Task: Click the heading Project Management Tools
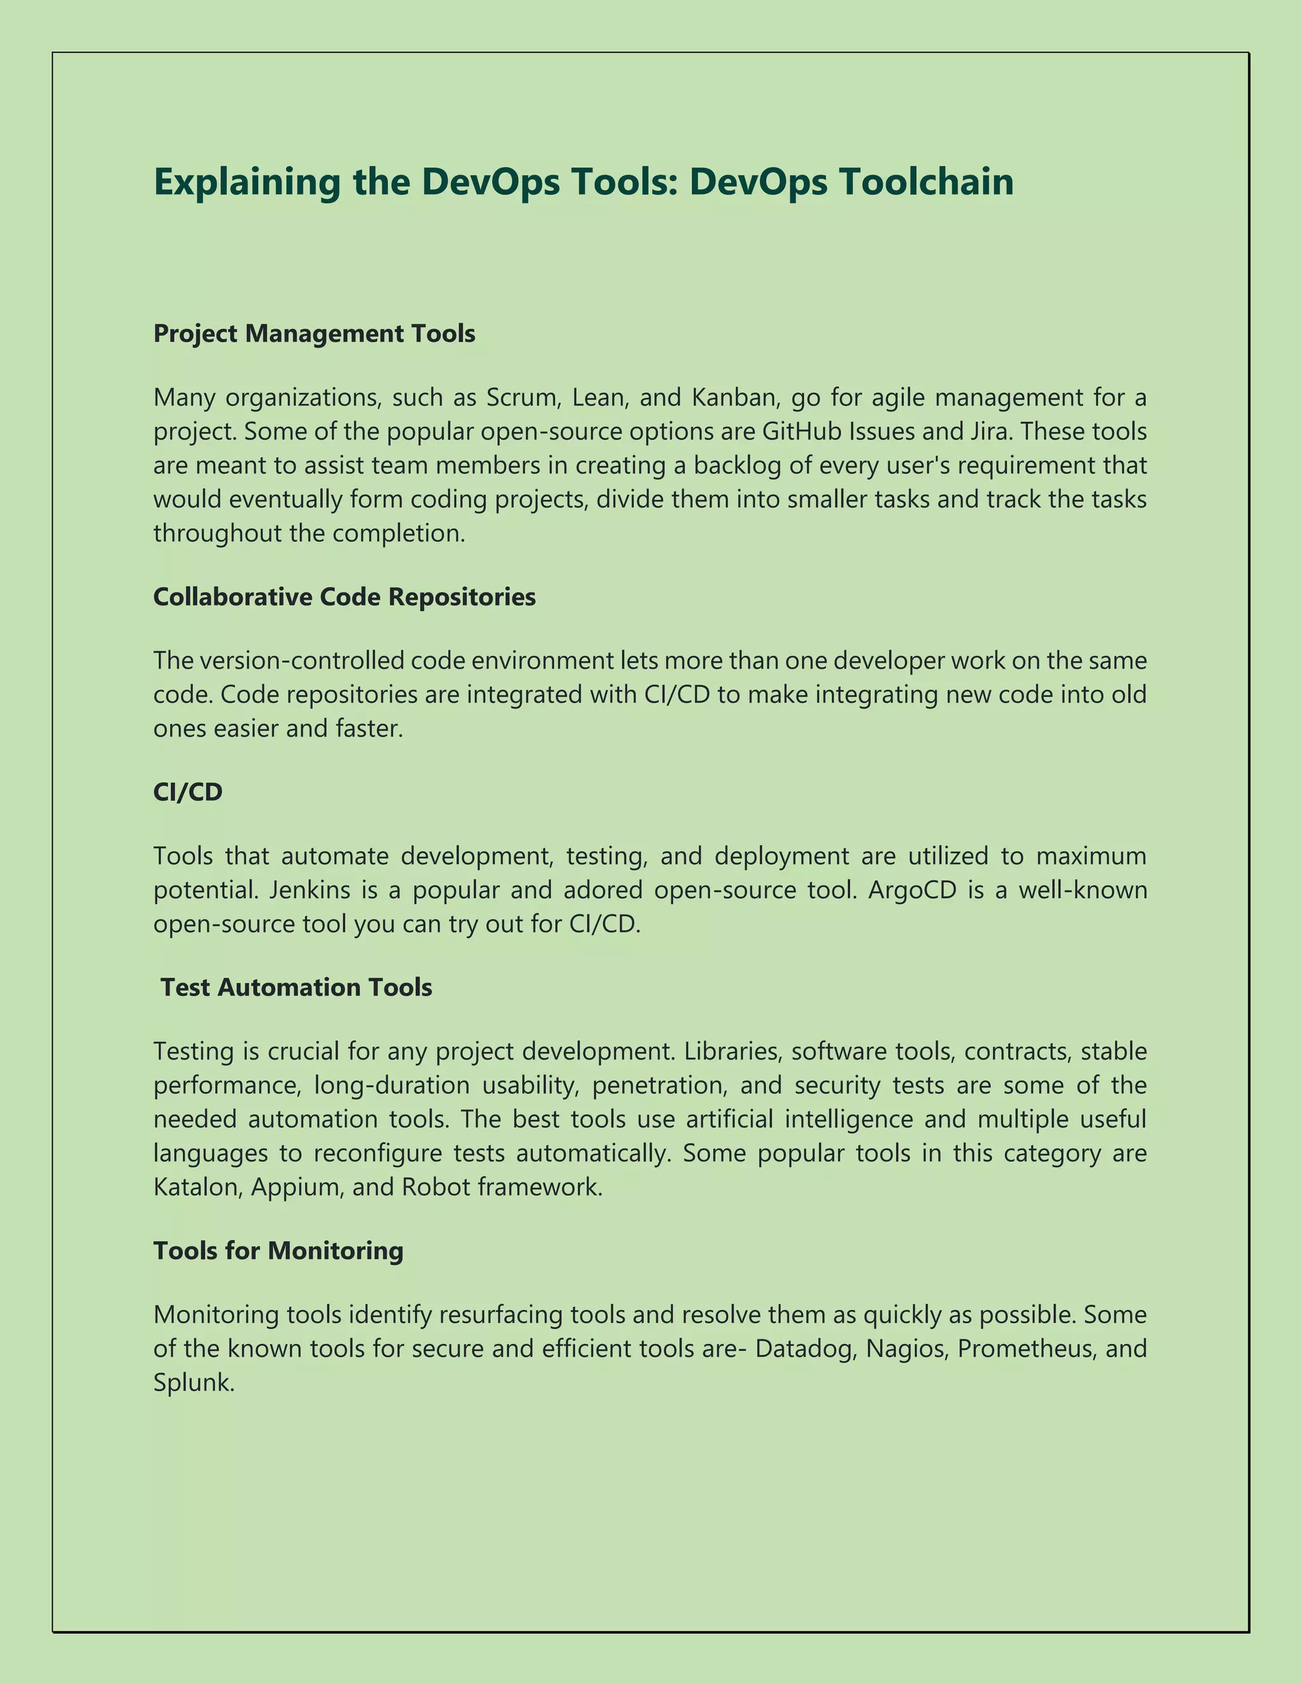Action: tap(314, 333)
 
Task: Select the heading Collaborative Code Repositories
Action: tap(344, 596)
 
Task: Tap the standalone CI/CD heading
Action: tap(187, 792)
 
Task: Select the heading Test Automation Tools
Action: tap(296, 987)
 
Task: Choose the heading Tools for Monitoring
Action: tap(278, 1250)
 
